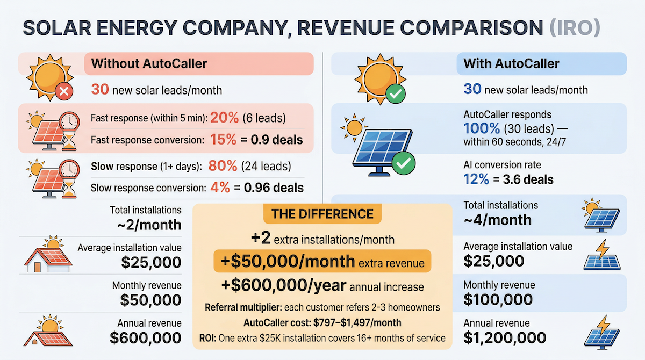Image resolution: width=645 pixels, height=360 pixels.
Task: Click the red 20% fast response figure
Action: [x=227, y=118]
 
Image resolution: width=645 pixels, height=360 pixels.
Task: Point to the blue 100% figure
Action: [x=482, y=128]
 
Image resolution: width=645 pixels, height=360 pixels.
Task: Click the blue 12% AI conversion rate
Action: [x=477, y=179]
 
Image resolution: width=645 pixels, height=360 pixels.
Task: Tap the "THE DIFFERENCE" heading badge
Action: [x=322, y=214]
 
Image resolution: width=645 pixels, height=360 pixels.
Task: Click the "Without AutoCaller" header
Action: [x=149, y=64]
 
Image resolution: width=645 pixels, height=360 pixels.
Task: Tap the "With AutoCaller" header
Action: [x=511, y=64]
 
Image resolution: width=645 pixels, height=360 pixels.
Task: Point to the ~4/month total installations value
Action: [x=497, y=219]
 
